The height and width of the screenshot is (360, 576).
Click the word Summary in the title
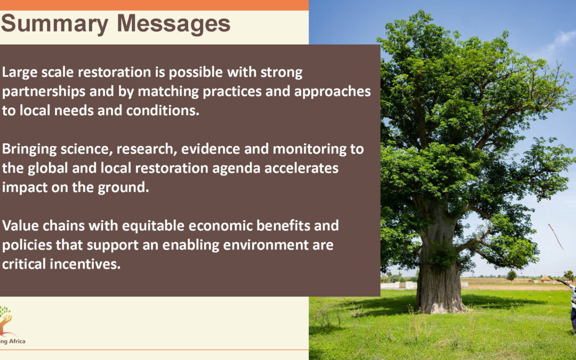click(55, 24)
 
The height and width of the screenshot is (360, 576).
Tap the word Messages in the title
click(173, 23)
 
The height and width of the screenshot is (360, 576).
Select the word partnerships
click(44, 92)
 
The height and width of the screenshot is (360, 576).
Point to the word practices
click(232, 91)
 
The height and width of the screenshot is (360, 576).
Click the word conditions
click(163, 110)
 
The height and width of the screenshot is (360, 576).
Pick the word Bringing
click(29, 149)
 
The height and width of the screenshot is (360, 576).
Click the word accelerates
click(301, 168)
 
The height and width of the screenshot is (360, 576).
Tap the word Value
click(20, 226)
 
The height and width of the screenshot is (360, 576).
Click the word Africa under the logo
click(17, 341)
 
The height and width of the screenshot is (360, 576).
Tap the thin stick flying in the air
click(555, 237)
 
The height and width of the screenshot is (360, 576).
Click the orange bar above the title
click(154, 5)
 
